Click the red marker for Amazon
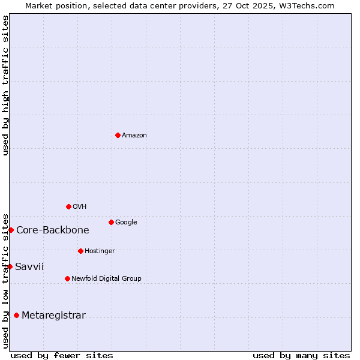coord(118,135)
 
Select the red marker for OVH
coord(68,206)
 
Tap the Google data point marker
coord(111,222)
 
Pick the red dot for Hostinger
coord(80,251)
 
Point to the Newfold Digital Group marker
coord(67,278)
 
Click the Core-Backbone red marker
coord(11,230)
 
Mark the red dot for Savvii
coord(10,266)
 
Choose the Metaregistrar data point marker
coord(16,315)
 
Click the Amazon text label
coord(134,136)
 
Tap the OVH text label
coord(80,207)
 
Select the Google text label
coord(126,223)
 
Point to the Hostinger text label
coord(100,251)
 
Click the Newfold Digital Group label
coord(106,279)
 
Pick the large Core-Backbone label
coord(53,230)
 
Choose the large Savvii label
coord(29,267)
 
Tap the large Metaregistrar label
coord(53,316)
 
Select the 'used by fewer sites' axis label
coord(62,355)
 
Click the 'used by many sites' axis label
coord(301,355)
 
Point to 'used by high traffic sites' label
coord(6,85)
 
